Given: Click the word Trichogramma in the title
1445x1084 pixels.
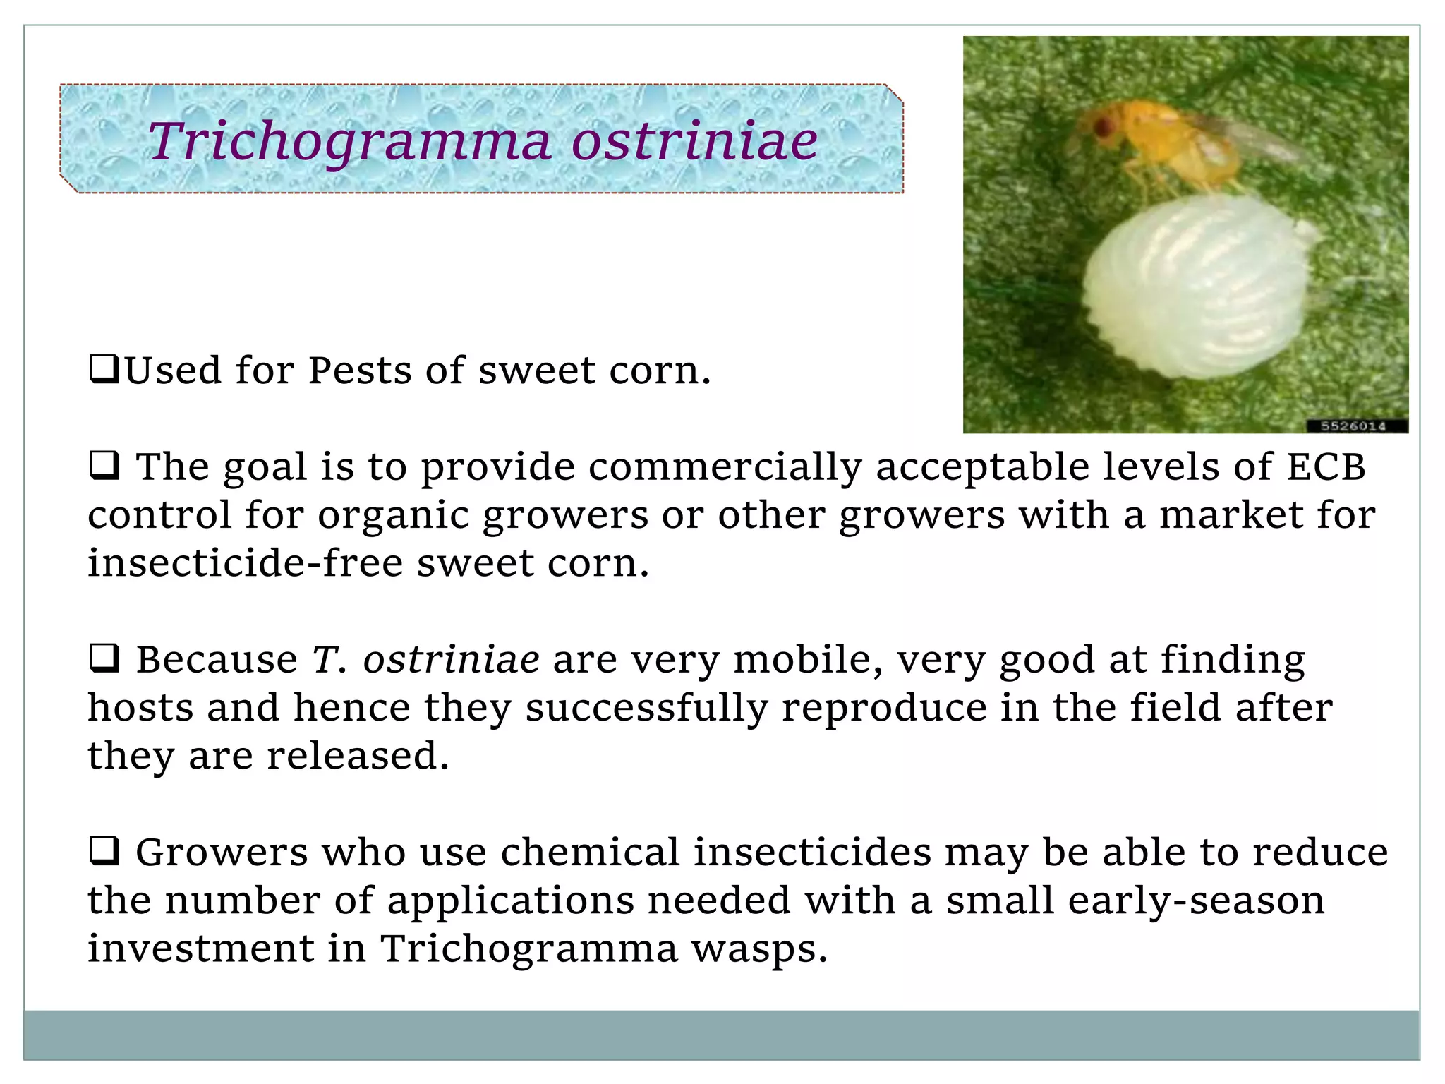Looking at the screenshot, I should point(349,141).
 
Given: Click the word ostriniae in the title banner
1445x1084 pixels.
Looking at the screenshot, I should point(694,141).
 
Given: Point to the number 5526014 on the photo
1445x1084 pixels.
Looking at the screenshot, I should point(1353,426).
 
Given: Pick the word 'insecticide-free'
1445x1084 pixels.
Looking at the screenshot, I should point(245,563).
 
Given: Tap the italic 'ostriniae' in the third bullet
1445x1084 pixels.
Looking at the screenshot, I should point(451,660).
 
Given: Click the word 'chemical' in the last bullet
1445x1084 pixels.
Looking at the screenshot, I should point(590,852).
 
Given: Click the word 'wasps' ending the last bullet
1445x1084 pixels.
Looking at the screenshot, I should point(758,948).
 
